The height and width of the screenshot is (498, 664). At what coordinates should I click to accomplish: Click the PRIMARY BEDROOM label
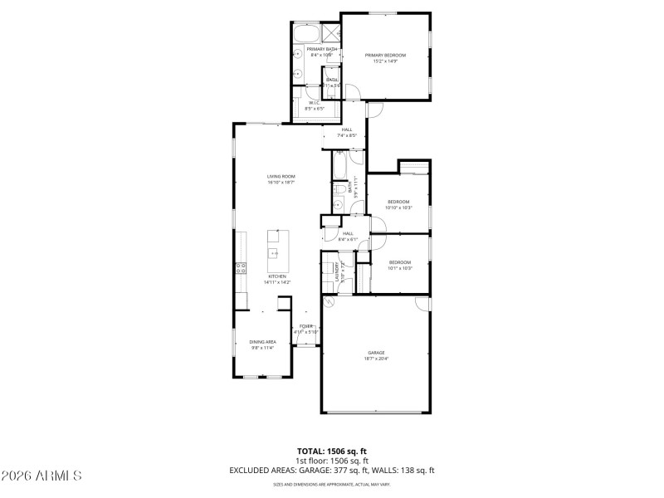[x=385, y=55]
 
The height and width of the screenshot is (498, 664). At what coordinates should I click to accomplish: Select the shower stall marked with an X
[x=330, y=33]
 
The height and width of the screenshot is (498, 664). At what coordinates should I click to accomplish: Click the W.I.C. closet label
[x=314, y=104]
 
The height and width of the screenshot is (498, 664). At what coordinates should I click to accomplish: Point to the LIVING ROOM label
[x=281, y=176]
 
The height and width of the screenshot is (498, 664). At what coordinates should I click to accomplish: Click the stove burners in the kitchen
[x=241, y=267]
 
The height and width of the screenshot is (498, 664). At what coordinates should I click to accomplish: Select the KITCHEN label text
[x=276, y=276]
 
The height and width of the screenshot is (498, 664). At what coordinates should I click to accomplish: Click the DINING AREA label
[x=262, y=342]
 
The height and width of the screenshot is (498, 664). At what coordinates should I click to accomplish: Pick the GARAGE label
[x=376, y=352]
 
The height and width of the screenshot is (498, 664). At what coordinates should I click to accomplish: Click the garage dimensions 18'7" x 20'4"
[x=376, y=359]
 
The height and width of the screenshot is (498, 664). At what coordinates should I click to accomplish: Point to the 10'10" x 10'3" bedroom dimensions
[x=398, y=207]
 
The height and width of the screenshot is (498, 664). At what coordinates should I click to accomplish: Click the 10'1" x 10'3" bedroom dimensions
[x=400, y=268]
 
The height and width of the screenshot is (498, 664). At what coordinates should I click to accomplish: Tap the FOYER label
[x=305, y=326]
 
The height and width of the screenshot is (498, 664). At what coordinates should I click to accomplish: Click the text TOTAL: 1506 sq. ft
[x=332, y=451]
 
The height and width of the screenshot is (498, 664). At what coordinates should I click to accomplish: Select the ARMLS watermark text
[x=41, y=476]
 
